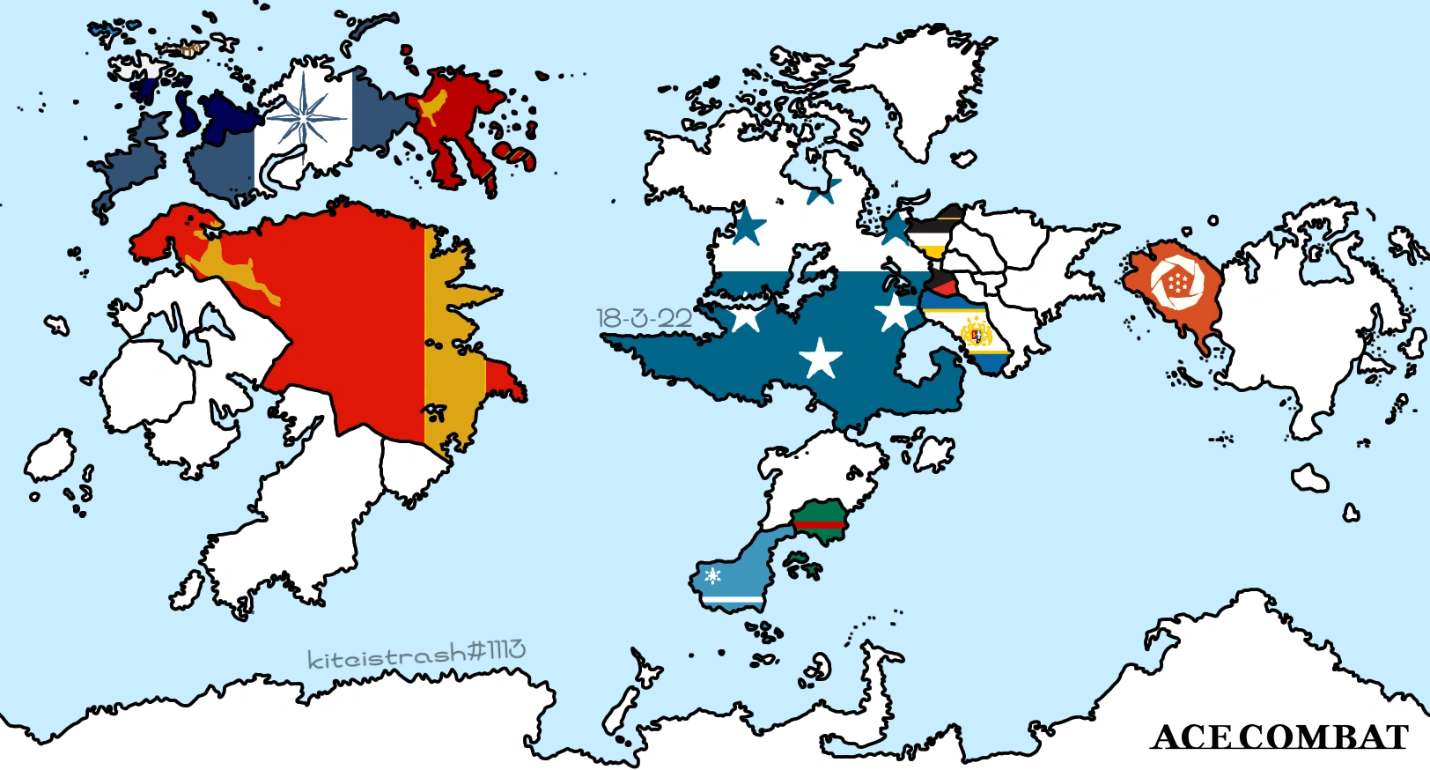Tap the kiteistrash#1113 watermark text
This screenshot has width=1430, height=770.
pos(416,654)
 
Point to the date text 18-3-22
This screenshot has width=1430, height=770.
pos(644,318)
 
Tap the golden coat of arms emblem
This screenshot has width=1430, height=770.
pos(977,334)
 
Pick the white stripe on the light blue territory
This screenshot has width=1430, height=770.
pos(731,600)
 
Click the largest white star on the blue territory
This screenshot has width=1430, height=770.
pos(821,358)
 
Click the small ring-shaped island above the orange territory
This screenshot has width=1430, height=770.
pos(1213,220)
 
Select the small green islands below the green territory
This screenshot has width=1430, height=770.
pos(800,565)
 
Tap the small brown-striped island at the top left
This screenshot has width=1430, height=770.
pos(188,50)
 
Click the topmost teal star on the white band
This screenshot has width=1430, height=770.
pos(823,189)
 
